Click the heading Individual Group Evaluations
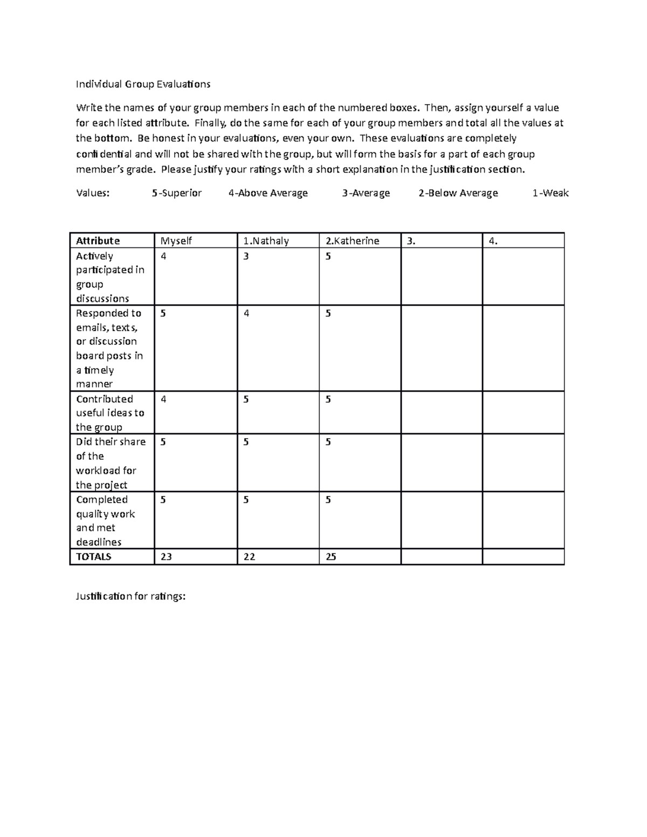point(143,84)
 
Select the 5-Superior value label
point(177,193)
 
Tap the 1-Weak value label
point(550,193)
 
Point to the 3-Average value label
point(366,193)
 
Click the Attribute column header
point(98,241)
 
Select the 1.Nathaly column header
point(266,241)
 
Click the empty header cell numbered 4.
point(492,241)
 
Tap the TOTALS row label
point(93,557)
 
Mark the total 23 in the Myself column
point(166,557)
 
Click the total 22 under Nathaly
point(249,557)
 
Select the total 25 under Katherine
point(331,557)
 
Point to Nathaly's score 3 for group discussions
point(246,257)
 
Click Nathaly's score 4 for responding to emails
point(246,314)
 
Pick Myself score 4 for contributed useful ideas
point(163,399)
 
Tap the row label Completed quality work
point(105,521)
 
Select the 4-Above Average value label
point(268,193)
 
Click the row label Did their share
point(111,463)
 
